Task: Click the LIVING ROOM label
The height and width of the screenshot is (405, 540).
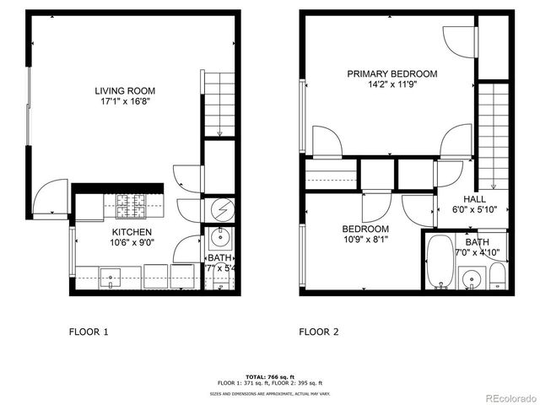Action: pos(124,91)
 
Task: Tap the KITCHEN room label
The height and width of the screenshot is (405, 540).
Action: pos(132,232)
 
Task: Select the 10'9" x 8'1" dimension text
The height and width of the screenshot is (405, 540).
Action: pos(364,240)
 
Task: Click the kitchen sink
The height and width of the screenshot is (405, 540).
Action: pos(110,275)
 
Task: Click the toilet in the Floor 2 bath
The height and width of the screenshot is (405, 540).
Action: pos(498,274)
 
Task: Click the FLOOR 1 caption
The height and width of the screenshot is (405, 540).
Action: pos(89,332)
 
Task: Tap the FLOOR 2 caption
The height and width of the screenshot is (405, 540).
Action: pos(319,332)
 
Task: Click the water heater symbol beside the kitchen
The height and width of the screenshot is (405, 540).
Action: pos(219,208)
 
